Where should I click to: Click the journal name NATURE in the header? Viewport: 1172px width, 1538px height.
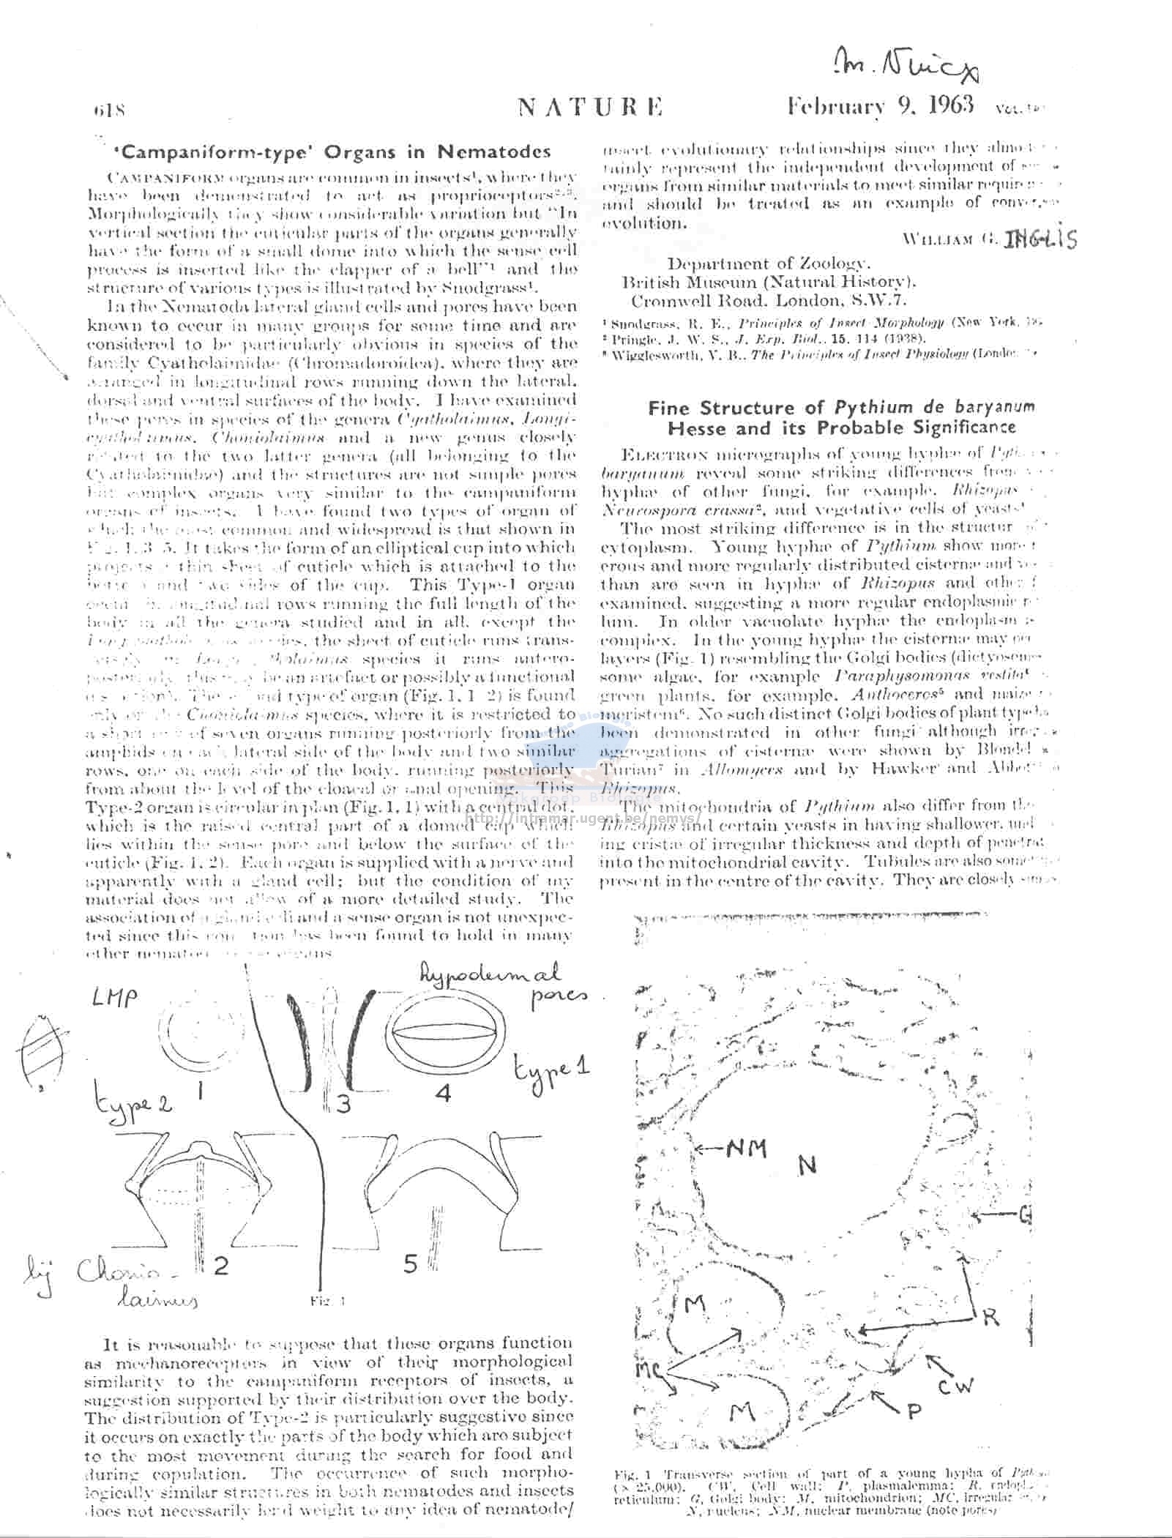[x=590, y=108]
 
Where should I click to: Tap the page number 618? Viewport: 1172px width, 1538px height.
[x=111, y=111]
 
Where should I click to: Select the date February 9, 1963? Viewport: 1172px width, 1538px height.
[x=880, y=106]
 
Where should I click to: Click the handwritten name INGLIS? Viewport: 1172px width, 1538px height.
[x=1040, y=238]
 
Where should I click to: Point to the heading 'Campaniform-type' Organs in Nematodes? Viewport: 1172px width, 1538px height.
[x=329, y=152]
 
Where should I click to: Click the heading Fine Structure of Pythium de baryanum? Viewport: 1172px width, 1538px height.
[x=841, y=408]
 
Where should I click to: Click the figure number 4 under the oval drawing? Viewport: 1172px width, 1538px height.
[x=442, y=1094]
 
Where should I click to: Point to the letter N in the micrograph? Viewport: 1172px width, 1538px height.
[x=806, y=1165]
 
